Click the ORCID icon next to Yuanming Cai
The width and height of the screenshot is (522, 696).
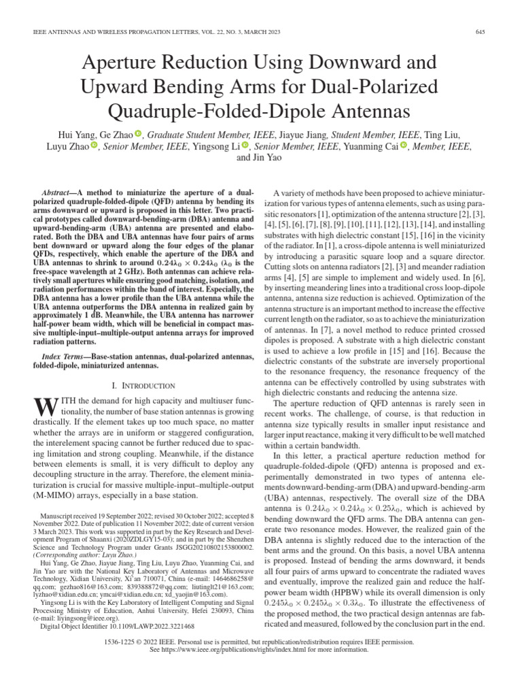tap(404, 145)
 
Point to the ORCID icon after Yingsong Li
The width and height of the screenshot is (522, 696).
tap(246, 145)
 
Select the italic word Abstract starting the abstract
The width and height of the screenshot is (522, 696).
tap(57, 194)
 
